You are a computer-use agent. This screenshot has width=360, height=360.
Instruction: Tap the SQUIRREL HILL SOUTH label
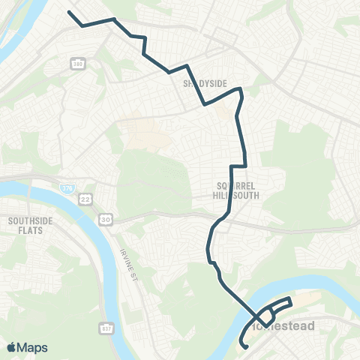click(235, 190)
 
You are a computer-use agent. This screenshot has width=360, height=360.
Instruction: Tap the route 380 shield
click(77, 63)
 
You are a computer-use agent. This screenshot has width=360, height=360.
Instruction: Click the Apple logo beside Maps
click(12, 347)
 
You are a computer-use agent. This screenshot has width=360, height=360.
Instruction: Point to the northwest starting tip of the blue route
click(69, 12)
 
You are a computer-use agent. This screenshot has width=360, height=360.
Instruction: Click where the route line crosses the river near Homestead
click(253, 315)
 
